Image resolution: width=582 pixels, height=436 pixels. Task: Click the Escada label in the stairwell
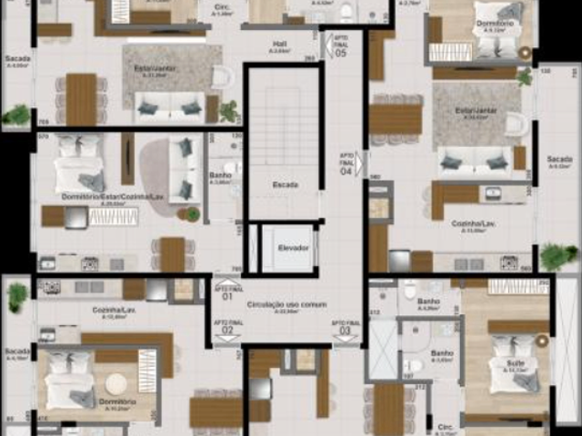285,184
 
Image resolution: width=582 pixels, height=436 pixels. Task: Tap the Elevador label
293,247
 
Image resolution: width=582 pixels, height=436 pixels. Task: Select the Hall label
280,44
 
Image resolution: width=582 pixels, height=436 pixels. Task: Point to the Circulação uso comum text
279,306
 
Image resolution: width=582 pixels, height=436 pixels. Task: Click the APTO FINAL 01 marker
226,293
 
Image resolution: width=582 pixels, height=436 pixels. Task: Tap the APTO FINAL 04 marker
346,164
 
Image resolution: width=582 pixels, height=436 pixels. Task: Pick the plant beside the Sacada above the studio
15,114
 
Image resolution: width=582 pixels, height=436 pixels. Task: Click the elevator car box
287,248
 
